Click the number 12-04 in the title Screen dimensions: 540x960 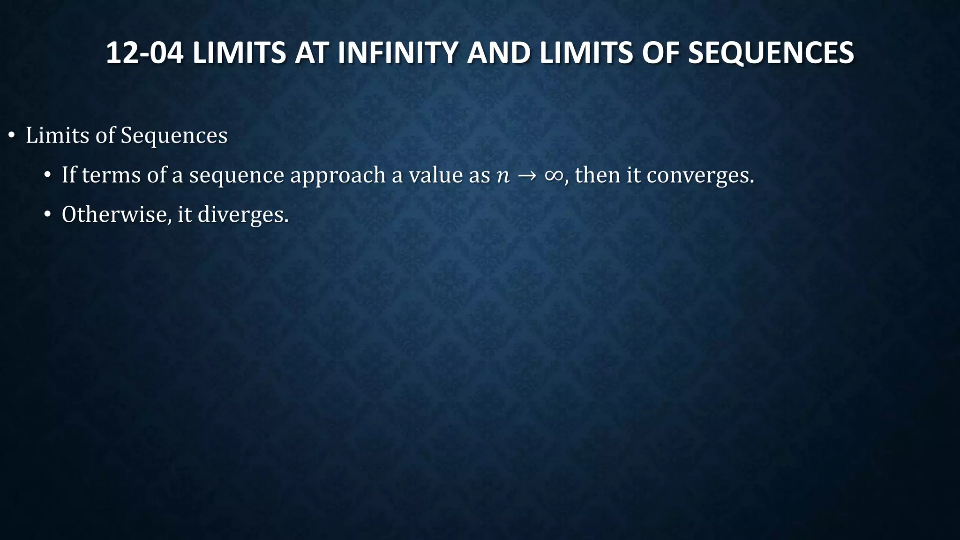144,52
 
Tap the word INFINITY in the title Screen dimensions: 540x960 397,52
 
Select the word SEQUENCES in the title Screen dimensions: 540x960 771,52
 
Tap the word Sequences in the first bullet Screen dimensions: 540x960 174,136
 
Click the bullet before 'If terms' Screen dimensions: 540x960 47,176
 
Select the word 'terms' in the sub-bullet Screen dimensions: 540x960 111,175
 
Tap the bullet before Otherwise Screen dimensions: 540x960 47,215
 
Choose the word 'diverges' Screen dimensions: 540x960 242,216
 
